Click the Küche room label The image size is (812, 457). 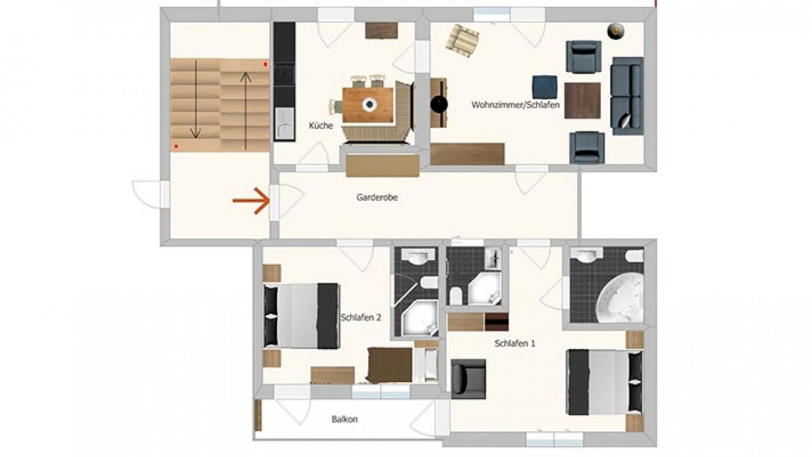[321, 125]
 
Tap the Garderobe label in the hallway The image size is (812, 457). [377, 197]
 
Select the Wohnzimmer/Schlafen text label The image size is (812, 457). [516, 105]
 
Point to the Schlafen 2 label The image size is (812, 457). [361, 317]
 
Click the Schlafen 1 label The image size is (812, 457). [515, 343]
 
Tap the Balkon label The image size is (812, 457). [345, 419]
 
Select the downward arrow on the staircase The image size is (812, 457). [195, 99]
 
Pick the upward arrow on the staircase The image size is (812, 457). [246, 111]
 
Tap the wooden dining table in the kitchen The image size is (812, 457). [368, 104]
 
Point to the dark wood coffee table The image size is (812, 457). [582, 101]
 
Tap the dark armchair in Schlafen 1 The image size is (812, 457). [468, 379]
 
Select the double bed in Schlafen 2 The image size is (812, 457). [301, 316]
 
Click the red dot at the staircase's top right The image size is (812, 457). [266, 64]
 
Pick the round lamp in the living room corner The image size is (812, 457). [616, 31]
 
